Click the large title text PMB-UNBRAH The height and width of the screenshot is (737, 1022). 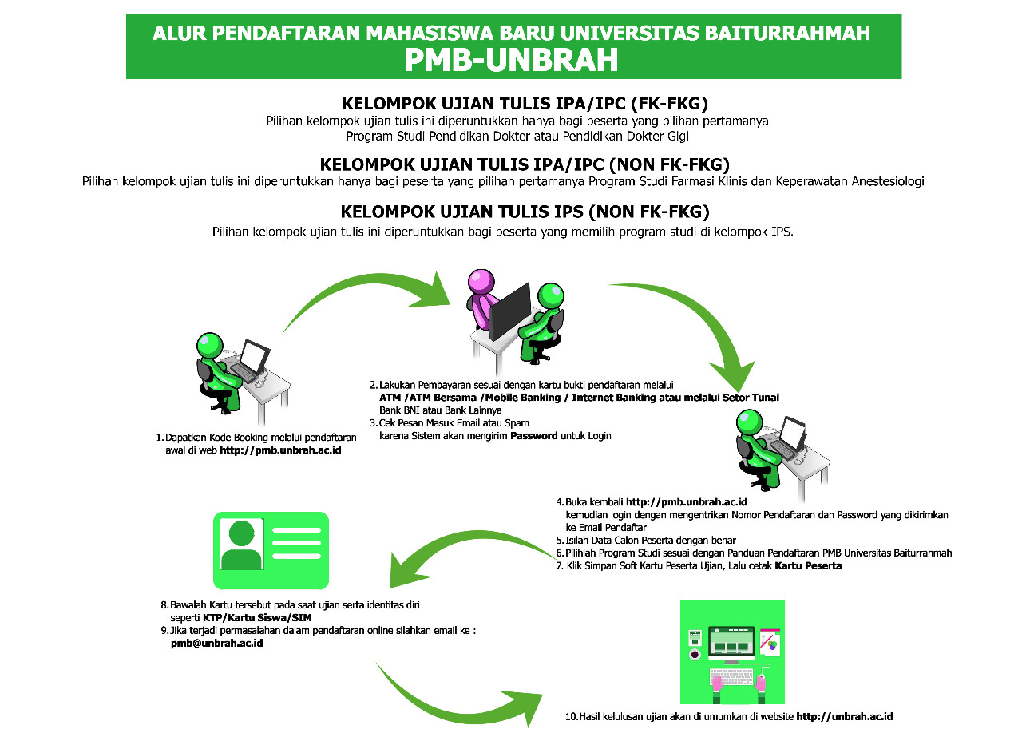point(511,60)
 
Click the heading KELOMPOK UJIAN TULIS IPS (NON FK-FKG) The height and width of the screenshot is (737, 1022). point(525,212)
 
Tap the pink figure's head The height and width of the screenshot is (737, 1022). point(481,282)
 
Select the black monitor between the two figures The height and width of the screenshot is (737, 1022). point(510,311)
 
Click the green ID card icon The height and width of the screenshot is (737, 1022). point(271,550)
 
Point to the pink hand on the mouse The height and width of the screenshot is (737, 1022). point(760,684)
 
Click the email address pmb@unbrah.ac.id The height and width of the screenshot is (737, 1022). point(216,643)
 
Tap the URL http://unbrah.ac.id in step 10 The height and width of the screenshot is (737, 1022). point(845,716)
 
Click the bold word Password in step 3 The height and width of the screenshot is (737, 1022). point(534,436)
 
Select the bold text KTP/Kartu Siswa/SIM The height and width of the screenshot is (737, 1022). point(257,618)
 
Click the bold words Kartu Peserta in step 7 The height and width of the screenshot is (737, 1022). point(808,566)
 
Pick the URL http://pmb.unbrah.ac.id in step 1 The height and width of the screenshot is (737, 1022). point(280,450)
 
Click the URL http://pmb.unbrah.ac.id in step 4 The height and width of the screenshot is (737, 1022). point(686,502)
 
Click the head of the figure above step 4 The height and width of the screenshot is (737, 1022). point(749,422)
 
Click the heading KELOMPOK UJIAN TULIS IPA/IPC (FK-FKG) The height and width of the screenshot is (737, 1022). point(525,104)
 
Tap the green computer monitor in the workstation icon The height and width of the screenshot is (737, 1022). point(731,643)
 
